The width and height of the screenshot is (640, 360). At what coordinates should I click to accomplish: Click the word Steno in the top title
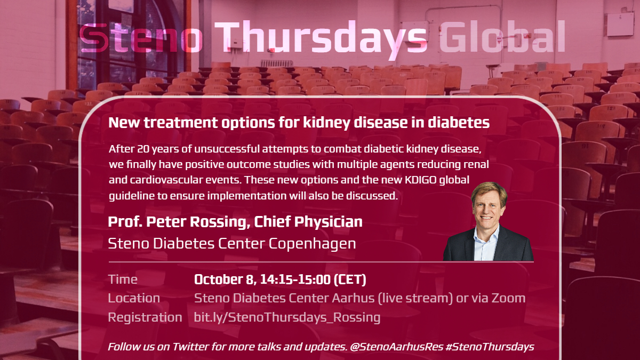pos(141,37)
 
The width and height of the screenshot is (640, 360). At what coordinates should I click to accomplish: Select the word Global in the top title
pos(502,36)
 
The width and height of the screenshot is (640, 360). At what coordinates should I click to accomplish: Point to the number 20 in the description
pos(143,149)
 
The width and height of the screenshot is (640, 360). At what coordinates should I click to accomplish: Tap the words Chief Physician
pos(308,222)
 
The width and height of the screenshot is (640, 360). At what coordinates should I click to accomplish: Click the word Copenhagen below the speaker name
pos(312,244)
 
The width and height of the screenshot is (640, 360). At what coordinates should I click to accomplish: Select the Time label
pos(123,279)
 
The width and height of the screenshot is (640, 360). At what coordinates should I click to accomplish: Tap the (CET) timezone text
pos(350,279)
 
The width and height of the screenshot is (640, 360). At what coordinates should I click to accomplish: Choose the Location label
pos(134,298)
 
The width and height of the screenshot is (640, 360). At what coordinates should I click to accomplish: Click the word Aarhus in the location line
pos(353,298)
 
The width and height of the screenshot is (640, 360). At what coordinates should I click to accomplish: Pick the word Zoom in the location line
pos(509,298)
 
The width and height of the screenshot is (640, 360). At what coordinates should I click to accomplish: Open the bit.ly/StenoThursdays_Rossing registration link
pos(287,317)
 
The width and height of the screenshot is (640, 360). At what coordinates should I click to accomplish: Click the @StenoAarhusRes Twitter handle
pos(397,347)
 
